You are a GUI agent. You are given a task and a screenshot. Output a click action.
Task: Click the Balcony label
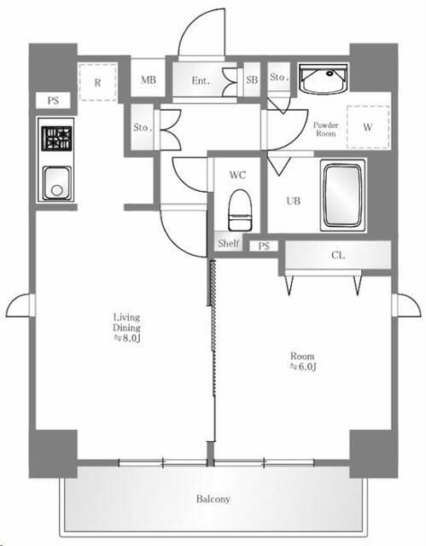(x=213, y=498)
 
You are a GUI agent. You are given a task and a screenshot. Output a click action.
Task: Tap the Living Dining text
(x=126, y=322)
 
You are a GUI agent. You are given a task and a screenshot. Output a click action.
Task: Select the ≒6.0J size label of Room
(x=303, y=366)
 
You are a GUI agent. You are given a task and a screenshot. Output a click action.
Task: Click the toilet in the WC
(x=240, y=210)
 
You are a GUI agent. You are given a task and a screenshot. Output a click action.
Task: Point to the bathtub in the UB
(x=342, y=195)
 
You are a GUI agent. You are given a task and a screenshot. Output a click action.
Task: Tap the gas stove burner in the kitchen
(x=57, y=138)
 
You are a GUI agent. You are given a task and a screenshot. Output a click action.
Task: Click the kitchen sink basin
(x=57, y=183)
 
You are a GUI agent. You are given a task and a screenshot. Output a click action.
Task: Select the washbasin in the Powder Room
(x=324, y=79)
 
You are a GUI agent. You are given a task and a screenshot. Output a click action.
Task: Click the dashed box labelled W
(x=368, y=127)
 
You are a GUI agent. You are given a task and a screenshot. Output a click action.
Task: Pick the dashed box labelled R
(x=97, y=82)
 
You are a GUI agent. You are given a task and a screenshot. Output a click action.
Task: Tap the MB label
(x=149, y=80)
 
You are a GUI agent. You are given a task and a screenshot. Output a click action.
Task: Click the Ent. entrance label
(x=201, y=81)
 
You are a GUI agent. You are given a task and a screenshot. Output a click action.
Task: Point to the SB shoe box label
(x=252, y=79)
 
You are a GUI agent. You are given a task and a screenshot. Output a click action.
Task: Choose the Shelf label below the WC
(x=229, y=243)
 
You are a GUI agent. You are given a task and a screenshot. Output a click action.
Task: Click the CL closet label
(x=338, y=255)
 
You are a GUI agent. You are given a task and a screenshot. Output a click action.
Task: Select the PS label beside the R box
(x=53, y=101)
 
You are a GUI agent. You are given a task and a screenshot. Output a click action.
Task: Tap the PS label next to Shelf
(x=264, y=247)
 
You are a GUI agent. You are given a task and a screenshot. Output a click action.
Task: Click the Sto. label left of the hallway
(x=143, y=127)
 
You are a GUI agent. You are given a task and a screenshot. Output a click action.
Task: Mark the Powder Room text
(x=325, y=129)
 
